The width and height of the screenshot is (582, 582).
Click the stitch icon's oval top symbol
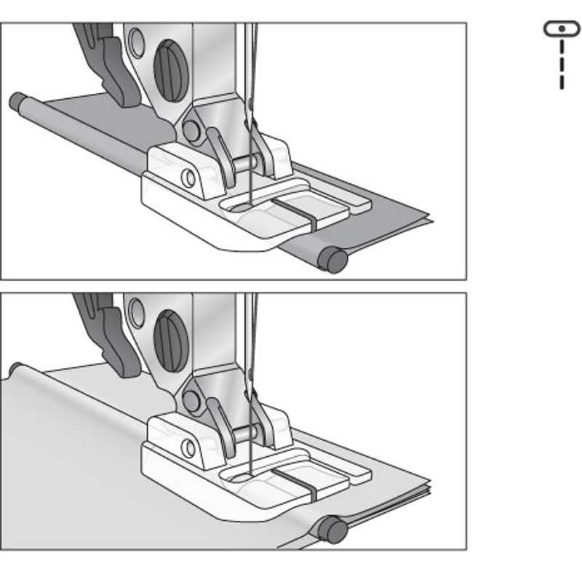coord(562,29)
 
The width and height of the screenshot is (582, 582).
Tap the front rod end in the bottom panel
coord(335,530)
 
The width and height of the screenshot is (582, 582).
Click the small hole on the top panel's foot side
coord(188,177)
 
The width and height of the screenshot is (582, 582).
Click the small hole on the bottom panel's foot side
coord(188,446)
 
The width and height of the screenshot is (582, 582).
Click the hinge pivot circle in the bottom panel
coord(193,399)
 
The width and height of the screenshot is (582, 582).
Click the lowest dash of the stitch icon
coord(562,81)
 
